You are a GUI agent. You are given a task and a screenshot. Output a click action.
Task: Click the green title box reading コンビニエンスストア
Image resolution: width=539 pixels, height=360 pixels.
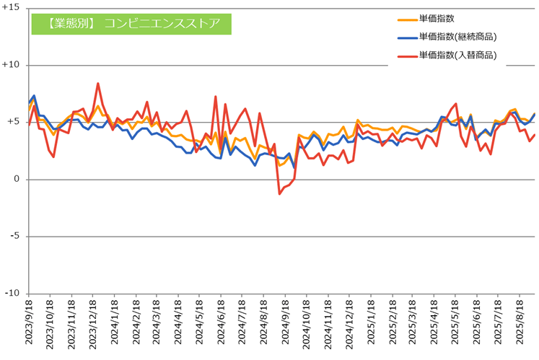tap(131, 22)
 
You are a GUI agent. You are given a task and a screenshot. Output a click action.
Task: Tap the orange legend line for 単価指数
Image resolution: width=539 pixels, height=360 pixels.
tap(407, 19)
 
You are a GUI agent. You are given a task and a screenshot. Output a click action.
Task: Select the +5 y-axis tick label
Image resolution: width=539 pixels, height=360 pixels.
tap(14, 122)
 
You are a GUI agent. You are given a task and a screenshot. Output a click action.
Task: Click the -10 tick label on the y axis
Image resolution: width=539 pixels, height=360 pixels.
tap(13, 293)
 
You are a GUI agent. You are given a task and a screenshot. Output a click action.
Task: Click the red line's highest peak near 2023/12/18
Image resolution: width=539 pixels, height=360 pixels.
tap(98, 84)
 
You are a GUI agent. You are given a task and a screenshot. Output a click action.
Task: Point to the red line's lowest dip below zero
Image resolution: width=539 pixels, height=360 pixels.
tap(280, 193)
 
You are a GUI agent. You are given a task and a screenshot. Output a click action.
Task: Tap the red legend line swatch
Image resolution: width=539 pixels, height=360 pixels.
tap(407, 55)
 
